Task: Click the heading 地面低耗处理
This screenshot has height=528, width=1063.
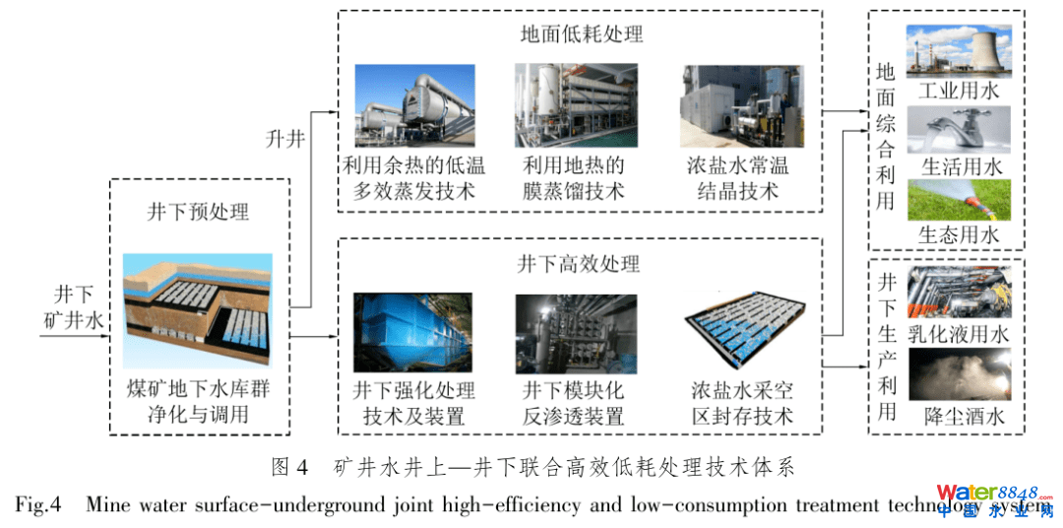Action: click(x=580, y=33)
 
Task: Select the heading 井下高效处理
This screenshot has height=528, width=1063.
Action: click(x=580, y=263)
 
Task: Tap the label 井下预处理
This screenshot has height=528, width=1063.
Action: click(x=199, y=212)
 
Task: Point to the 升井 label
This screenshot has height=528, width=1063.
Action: click(x=284, y=139)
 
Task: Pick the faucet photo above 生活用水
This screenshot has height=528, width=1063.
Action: click(x=958, y=130)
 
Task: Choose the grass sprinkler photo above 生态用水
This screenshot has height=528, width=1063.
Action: click(x=958, y=200)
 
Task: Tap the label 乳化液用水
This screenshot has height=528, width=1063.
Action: click(x=958, y=335)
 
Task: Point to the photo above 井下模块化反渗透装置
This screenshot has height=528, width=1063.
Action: click(x=576, y=334)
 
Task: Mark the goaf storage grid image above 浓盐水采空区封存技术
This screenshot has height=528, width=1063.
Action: click(x=743, y=333)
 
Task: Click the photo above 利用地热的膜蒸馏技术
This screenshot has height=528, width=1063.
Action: click(x=576, y=104)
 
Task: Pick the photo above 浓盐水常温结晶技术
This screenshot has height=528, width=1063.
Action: click(x=742, y=105)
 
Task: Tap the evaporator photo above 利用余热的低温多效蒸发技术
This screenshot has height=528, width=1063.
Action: click(x=415, y=105)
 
